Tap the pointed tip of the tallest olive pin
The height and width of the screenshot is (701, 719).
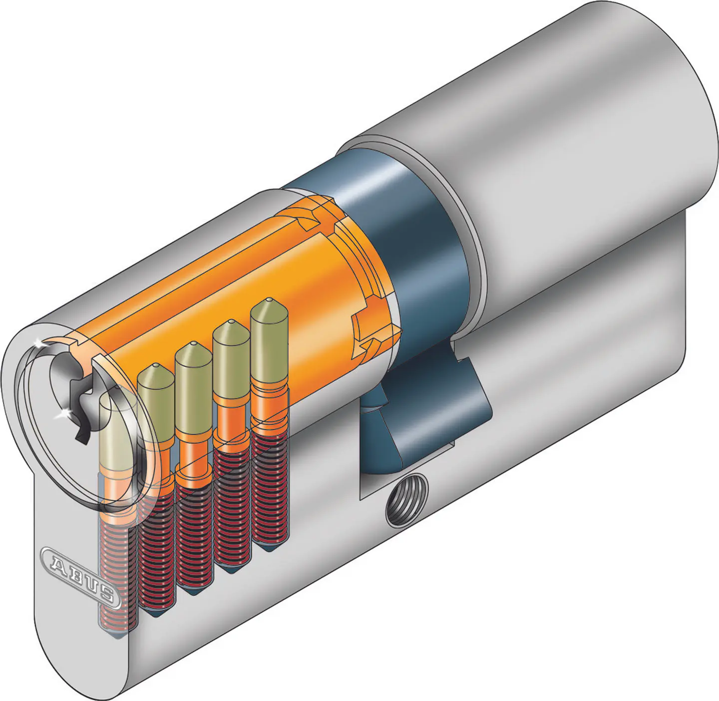(x=269, y=300)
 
